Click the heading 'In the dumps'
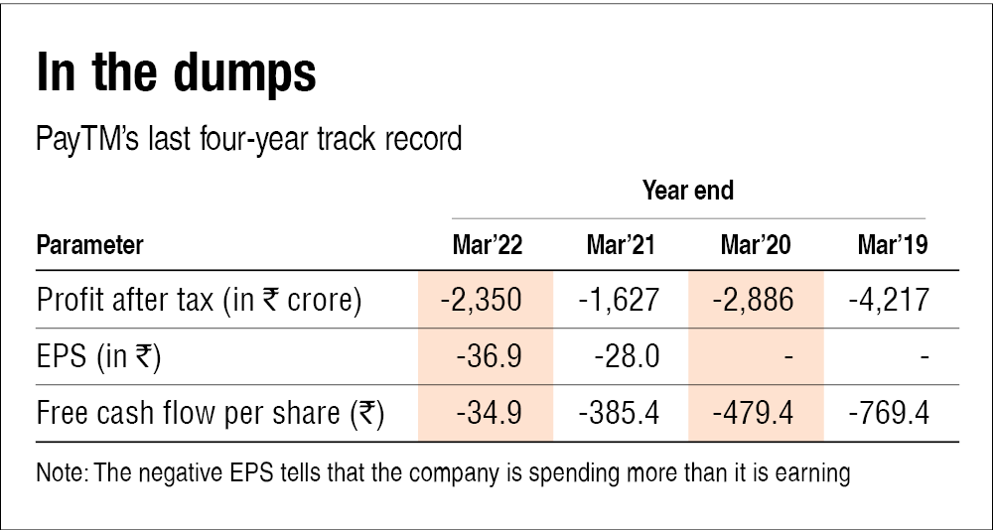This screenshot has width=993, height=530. coord(176,74)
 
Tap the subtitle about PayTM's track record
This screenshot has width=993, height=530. coord(249,138)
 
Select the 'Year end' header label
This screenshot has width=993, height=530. coord(687,190)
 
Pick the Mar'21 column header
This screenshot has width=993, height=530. coord(621,245)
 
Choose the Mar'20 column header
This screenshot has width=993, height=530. coord(756,245)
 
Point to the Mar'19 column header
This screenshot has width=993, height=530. coord(892,245)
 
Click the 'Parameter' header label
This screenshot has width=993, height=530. coord(89,245)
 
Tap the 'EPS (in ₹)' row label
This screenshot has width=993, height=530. coord(99,355)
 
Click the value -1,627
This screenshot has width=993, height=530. coord(621,299)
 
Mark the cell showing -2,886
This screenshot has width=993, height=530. coord(756,299)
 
